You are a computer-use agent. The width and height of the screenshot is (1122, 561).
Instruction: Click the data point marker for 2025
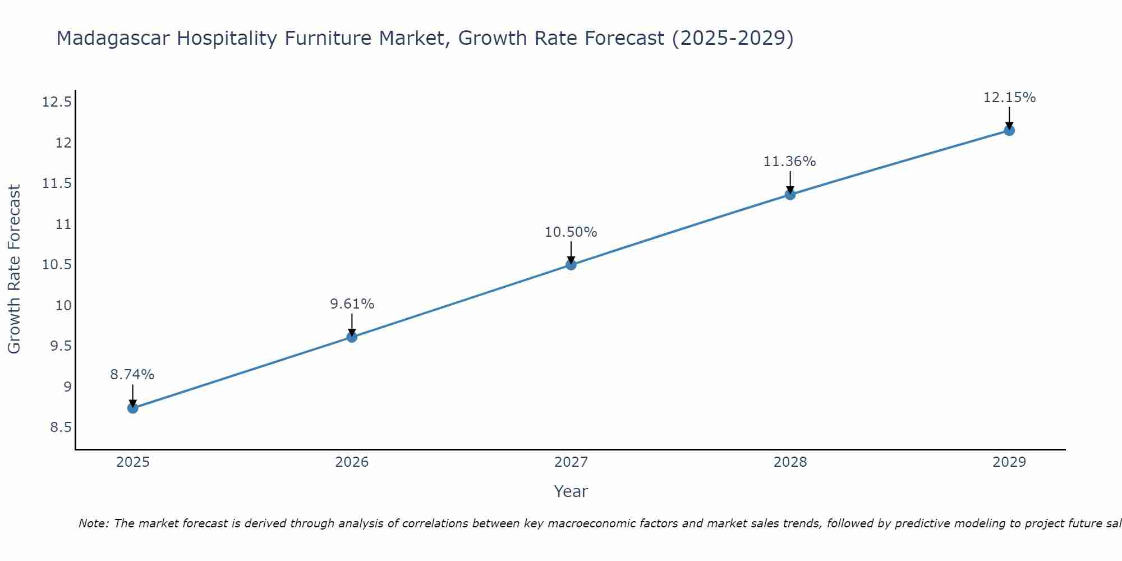pos(132,408)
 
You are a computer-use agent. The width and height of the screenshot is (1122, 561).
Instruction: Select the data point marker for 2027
pos(571,264)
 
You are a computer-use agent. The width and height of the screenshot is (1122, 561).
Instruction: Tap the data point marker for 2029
pos(1009,131)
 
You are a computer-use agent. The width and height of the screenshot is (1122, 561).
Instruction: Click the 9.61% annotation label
pos(352,304)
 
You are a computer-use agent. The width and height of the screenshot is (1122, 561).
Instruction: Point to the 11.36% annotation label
pos(789,162)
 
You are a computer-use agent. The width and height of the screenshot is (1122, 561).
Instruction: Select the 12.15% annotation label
pos(1009,98)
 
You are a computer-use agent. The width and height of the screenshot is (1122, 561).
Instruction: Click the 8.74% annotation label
pos(132,375)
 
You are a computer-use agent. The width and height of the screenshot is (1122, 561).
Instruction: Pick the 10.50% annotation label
pos(571,232)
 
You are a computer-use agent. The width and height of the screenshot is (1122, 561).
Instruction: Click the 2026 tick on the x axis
pos(352,462)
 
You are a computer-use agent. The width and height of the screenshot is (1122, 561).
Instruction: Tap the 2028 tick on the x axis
pos(790,462)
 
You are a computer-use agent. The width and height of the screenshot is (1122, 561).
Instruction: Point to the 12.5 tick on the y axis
pos(57,102)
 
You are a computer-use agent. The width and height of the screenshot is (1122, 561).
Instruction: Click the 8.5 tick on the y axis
pos(61,427)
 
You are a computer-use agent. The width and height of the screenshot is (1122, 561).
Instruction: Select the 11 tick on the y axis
pos(64,224)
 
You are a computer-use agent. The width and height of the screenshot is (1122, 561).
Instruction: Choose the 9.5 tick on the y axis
pos(61,346)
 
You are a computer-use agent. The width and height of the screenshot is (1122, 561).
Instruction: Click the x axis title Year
pos(571,491)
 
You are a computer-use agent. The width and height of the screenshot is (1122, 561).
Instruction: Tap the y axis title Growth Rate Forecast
pos(15,269)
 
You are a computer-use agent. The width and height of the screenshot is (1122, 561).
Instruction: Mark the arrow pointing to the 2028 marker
pos(790,183)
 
